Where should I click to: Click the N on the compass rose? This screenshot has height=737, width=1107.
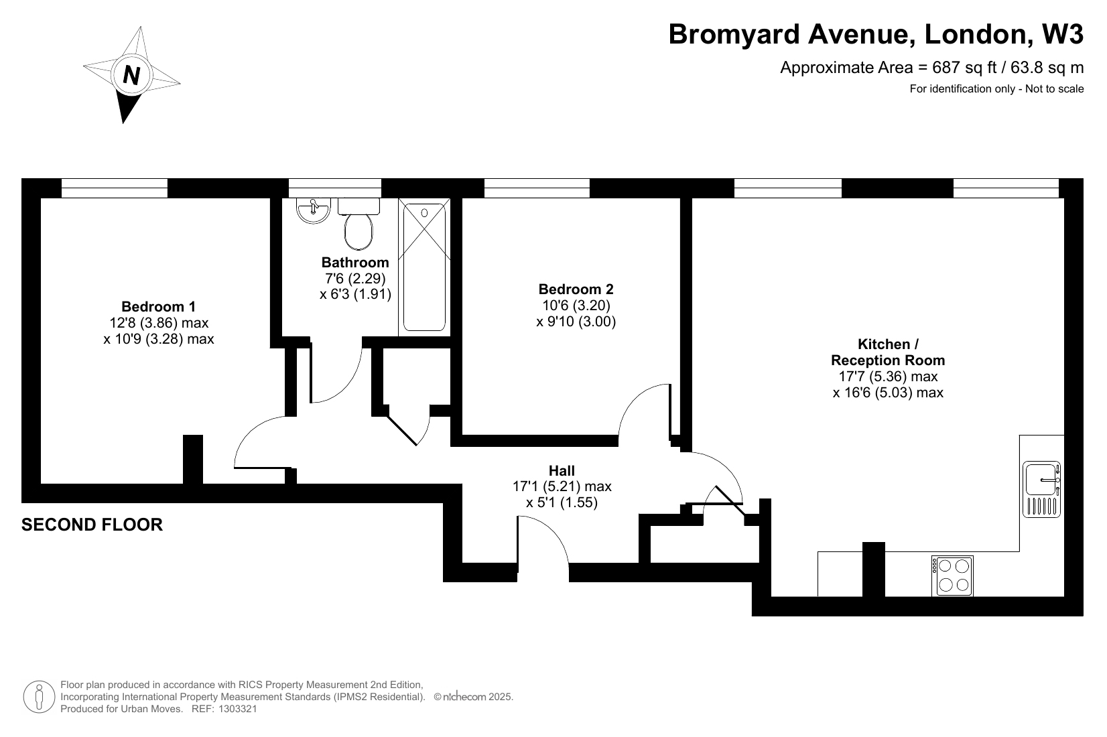[x=131, y=75]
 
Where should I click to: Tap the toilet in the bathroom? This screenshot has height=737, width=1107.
[x=359, y=224]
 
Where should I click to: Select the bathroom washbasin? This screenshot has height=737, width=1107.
[x=314, y=210]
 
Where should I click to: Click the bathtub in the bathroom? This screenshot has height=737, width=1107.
[x=425, y=267]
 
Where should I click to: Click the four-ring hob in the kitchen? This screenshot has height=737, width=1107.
[x=952, y=576]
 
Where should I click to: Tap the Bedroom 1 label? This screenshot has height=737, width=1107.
[x=159, y=306]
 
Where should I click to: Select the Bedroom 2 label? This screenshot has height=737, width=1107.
[x=576, y=289]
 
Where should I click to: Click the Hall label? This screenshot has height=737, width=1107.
[x=562, y=470]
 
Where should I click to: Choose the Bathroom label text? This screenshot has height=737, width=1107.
[x=355, y=262]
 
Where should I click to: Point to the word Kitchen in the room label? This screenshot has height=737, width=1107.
[x=884, y=344]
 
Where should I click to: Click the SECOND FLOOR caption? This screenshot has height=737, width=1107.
[x=92, y=525]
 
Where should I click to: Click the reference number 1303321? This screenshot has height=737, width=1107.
[x=238, y=709]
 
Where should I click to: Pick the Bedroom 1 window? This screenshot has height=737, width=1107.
[x=114, y=188]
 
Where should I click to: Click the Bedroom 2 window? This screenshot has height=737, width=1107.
[x=537, y=188]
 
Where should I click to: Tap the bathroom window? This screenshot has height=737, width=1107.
[x=334, y=188]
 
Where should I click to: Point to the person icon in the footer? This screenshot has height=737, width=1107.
[x=39, y=697]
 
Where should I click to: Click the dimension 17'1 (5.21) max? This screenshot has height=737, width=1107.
[x=562, y=486]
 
